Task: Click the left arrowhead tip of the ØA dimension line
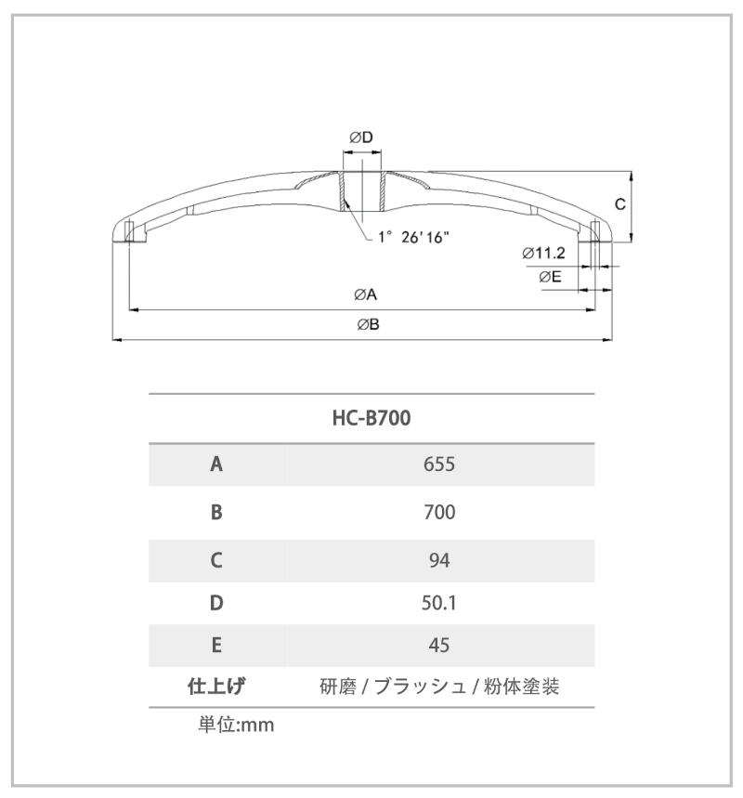coord(129,309)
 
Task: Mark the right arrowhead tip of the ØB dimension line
coord(612,339)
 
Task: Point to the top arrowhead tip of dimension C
coord(631,172)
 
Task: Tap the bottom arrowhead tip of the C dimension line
coord(631,242)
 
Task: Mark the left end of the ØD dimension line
coord(343,151)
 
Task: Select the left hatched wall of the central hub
coord(343,191)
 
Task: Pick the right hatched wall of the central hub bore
coord(383,191)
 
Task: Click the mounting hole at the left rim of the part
coord(129,232)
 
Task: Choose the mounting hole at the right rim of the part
coord(595,232)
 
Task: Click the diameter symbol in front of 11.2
coord(528,253)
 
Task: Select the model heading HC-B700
coord(371,418)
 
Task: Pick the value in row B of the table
coord(439,512)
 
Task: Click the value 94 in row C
coord(439,560)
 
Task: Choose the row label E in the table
coord(216,646)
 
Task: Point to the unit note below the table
coord(236,725)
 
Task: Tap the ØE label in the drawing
coord(550,277)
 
